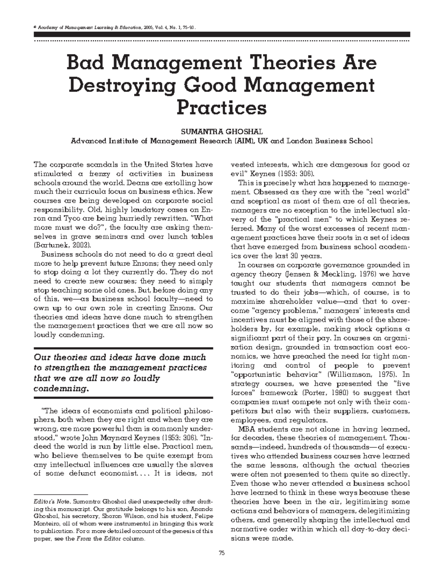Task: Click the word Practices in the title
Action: pyautogui.click(x=221, y=108)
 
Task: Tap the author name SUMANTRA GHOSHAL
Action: pyautogui.click(x=221, y=132)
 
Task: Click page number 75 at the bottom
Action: pyautogui.click(x=221, y=553)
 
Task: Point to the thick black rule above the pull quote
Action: pyautogui.click(x=123, y=348)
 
